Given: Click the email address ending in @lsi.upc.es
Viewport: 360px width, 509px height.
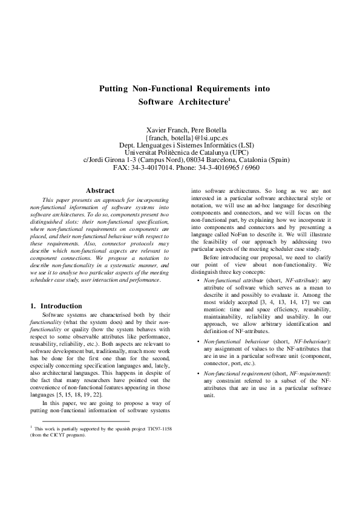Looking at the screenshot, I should click(x=180, y=138).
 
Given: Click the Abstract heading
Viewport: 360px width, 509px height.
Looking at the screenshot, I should click(x=100, y=190).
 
